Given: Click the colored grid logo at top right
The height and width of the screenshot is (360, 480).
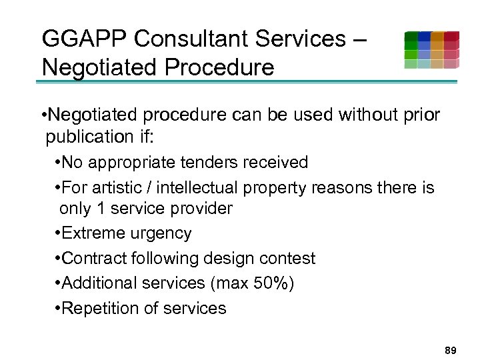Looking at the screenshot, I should pos(431,50).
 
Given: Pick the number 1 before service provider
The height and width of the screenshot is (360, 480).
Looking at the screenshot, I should pos(101,208).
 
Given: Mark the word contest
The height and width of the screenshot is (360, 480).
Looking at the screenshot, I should pos(287,258).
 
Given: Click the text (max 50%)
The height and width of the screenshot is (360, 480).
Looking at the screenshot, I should pos(252,283).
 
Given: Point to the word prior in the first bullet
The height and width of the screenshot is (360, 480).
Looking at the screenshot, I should pos(421,115).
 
